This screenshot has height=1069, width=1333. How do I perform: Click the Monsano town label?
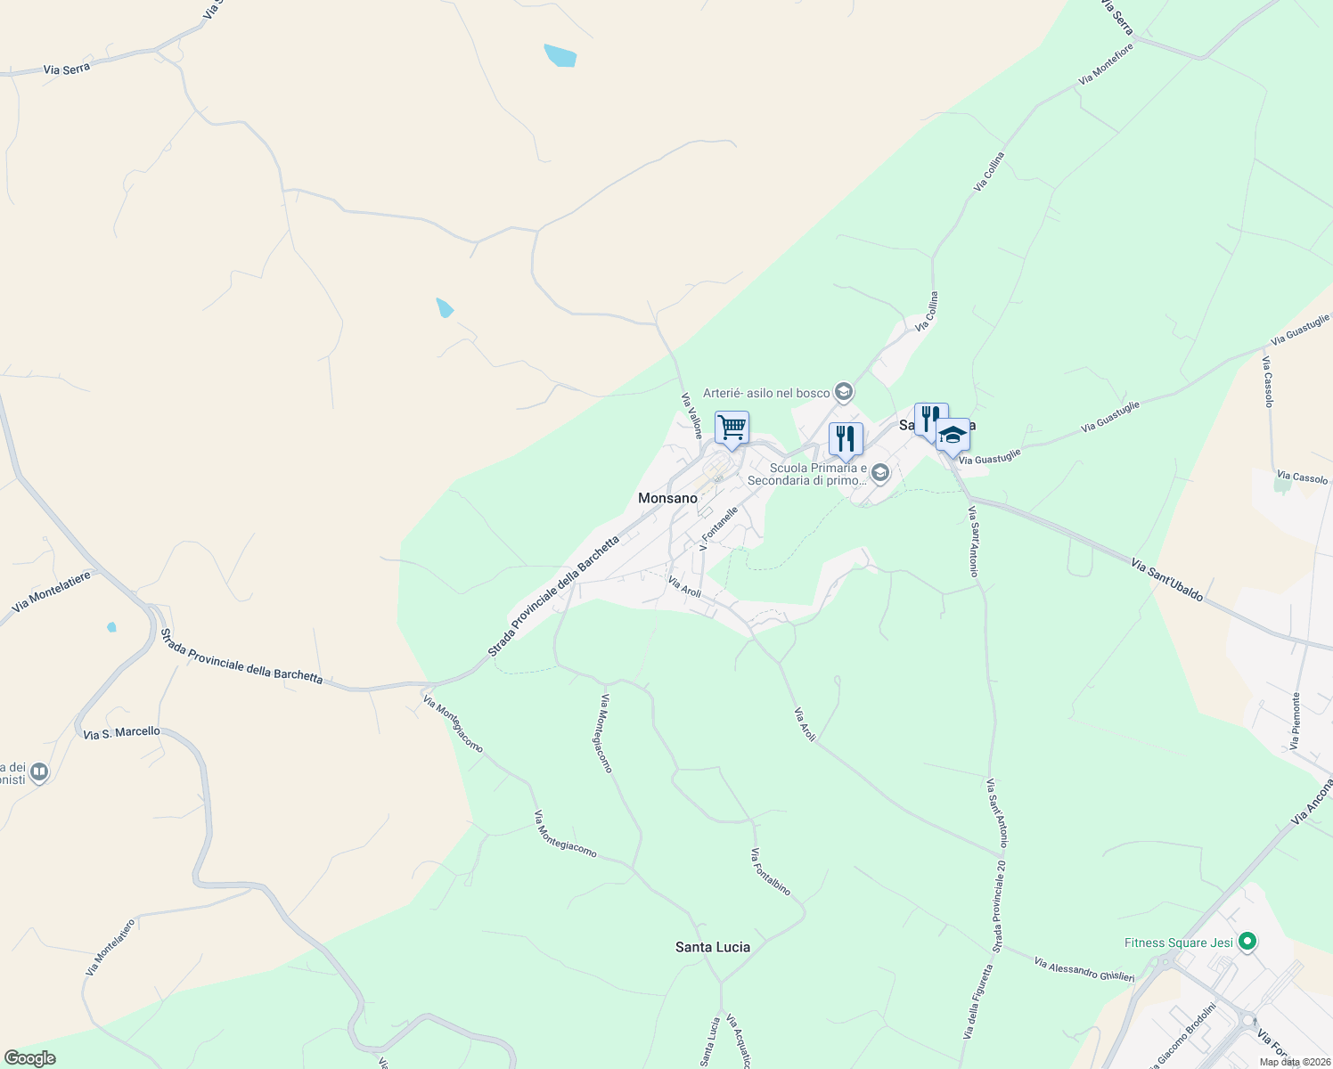click(667, 498)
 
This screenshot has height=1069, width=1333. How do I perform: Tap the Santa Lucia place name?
click(712, 947)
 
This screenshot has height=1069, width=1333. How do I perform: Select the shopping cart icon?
click(732, 428)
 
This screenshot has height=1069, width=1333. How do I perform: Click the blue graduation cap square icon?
click(953, 436)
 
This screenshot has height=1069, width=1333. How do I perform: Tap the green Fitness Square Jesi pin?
click(1247, 941)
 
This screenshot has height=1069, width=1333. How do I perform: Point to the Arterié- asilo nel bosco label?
click(766, 393)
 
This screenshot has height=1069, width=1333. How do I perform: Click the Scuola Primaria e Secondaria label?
click(806, 474)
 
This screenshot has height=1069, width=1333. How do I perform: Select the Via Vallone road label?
click(692, 416)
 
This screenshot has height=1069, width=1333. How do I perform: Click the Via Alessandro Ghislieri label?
click(1084, 970)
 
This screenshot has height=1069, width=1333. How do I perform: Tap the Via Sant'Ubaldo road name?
click(1167, 580)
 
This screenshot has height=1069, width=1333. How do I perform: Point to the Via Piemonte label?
click(1296, 721)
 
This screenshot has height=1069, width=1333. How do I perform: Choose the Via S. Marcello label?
click(121, 732)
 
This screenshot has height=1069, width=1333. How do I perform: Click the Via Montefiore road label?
click(1106, 64)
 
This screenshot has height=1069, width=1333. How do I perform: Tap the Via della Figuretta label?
click(977, 1003)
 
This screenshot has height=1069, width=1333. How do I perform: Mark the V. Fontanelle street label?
click(719, 529)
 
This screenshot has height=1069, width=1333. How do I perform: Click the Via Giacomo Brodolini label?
click(1182, 1035)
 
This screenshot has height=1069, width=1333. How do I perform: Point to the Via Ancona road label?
click(1312, 800)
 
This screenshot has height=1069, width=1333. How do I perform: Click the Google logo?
click(29, 1058)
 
